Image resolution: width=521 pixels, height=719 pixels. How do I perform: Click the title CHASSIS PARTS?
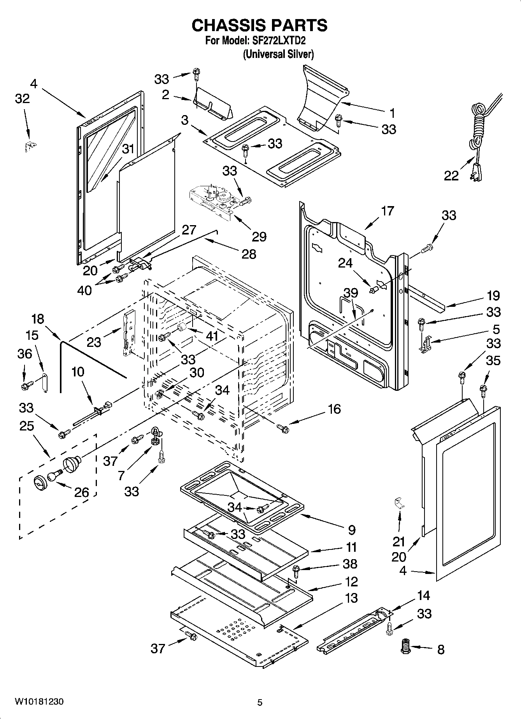click(260, 25)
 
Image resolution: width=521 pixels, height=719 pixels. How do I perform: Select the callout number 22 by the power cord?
click(451, 176)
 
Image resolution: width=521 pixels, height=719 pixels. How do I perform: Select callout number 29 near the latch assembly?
click(259, 236)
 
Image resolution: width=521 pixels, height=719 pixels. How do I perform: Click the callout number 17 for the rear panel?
click(388, 211)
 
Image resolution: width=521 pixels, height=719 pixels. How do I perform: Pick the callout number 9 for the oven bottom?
click(351, 529)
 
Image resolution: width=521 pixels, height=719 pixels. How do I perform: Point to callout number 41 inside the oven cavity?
click(212, 336)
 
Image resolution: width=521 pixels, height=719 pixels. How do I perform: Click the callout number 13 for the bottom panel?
click(351, 598)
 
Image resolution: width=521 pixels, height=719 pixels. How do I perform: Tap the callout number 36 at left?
click(25, 353)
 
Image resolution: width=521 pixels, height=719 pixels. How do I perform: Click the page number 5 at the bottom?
click(260, 702)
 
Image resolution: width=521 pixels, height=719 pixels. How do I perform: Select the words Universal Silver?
click(278, 54)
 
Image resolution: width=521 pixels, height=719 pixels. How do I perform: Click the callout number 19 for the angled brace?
click(493, 296)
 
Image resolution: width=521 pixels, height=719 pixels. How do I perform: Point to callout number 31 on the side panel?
click(128, 149)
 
